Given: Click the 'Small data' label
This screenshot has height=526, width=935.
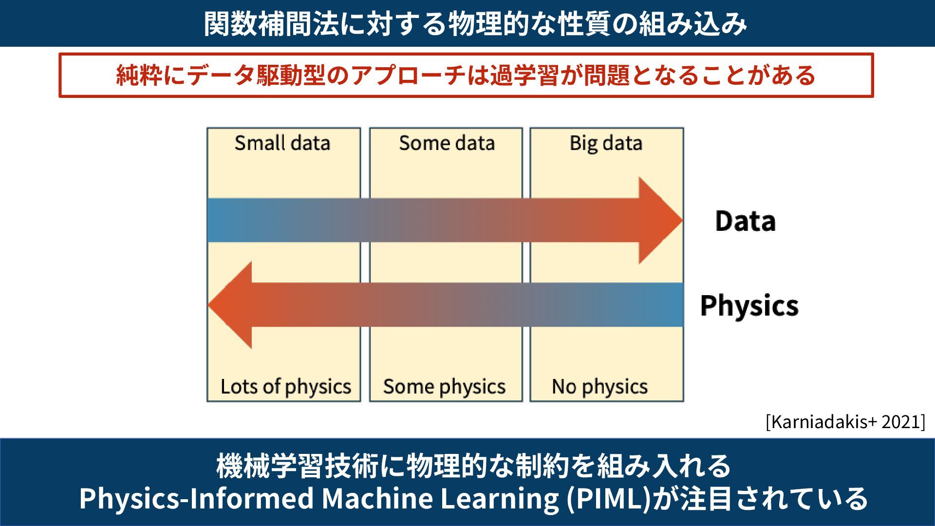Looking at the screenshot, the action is coord(282,143).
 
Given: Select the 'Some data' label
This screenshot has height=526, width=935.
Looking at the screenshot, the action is coord(447,143).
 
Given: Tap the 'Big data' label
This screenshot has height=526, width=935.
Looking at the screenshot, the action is coord(606,143).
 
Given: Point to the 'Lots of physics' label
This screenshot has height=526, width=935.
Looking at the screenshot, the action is coord(285,387).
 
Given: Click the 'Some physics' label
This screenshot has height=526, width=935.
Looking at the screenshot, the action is coord(444,387).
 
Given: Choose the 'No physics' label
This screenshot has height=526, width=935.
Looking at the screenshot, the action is coord(599,387).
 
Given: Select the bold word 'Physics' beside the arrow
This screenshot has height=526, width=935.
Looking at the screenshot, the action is coord(749,306).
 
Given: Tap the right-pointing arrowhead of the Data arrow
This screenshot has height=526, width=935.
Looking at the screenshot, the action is coord(660,221).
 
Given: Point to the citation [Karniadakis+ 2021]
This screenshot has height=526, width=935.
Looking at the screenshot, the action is coord(845,422).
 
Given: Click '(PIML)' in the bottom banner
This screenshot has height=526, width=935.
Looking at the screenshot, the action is coord(609,498).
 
